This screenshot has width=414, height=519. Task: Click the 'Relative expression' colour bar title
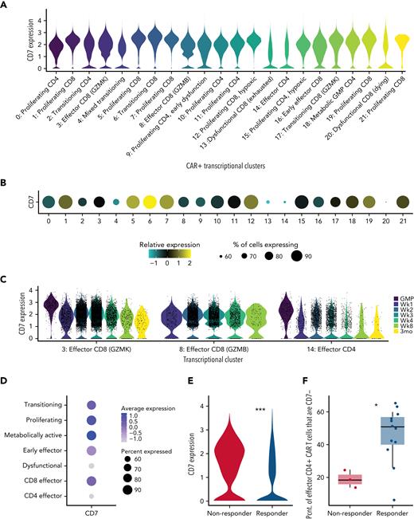click(x=163, y=238)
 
